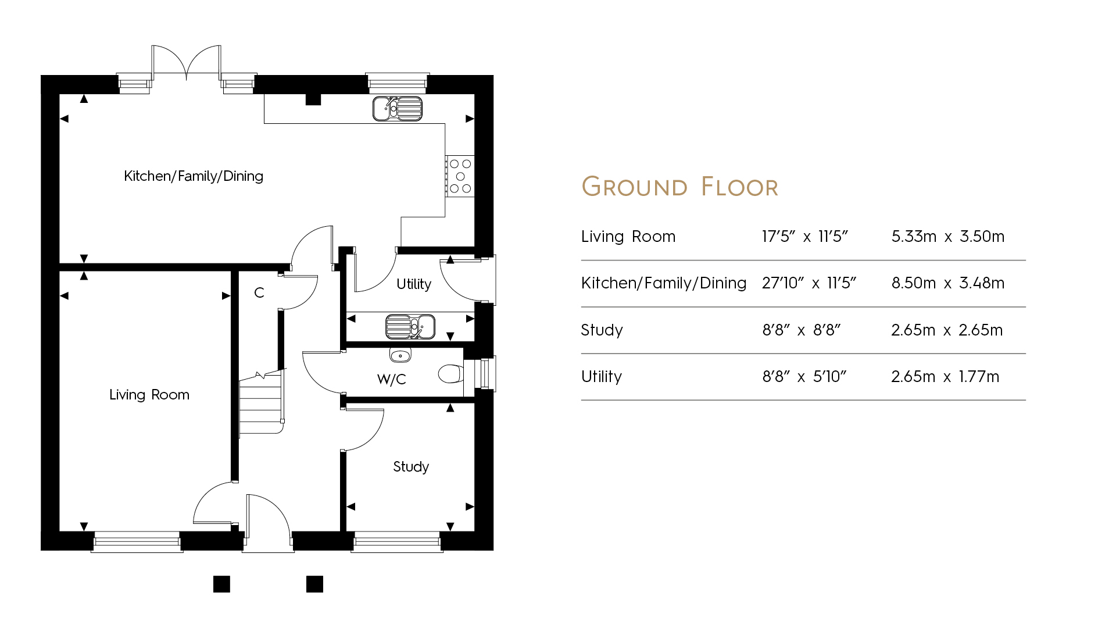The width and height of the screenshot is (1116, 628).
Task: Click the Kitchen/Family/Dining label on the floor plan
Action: coord(194,176)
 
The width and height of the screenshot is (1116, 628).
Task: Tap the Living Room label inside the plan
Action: coord(149,395)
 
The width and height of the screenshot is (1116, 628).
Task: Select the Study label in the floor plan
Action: coord(411,467)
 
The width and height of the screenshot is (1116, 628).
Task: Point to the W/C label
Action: coord(391,380)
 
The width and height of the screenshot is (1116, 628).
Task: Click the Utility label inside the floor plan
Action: coord(414,284)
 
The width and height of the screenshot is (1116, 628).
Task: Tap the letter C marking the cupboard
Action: coord(259,293)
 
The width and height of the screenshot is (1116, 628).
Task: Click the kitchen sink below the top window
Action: coord(398,109)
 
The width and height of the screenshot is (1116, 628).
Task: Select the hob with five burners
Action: coord(460,176)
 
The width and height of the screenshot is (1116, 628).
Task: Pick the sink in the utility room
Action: coord(410,327)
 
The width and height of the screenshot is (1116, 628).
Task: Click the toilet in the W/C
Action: coord(451,373)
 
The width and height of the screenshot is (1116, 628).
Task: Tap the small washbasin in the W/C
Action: coord(400,355)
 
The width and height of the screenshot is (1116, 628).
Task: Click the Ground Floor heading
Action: coord(679,187)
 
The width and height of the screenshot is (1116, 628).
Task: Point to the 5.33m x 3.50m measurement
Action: coord(947,237)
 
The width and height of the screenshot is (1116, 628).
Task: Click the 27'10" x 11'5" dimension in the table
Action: coord(809,283)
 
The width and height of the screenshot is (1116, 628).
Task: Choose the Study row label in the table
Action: coord(602,330)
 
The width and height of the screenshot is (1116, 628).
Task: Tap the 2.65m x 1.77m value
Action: coord(945,377)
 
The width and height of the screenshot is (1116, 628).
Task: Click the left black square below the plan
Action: coord(221,584)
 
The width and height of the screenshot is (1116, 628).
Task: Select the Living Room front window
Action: coord(137,542)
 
